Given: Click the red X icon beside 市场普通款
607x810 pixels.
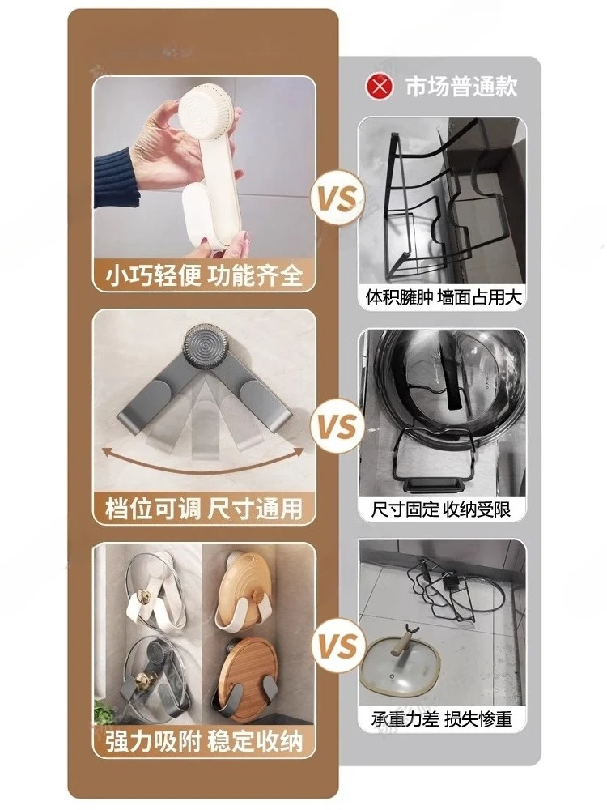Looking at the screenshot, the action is click(x=380, y=87).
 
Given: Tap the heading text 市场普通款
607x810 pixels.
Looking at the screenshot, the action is click(x=461, y=87).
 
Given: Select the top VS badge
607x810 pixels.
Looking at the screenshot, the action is click(x=337, y=199).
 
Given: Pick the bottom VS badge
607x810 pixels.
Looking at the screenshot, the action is click(x=337, y=646).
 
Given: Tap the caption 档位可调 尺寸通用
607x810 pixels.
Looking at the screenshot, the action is click(x=204, y=508).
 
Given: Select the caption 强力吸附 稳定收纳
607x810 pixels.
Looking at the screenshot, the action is click(x=204, y=742).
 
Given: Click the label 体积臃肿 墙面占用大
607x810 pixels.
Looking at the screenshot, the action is click(x=444, y=297).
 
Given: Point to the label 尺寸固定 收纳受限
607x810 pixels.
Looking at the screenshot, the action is click(x=441, y=509).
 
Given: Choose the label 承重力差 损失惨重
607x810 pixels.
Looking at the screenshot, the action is click(x=442, y=719).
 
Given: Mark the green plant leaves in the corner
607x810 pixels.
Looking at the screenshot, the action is click(x=104, y=711).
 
